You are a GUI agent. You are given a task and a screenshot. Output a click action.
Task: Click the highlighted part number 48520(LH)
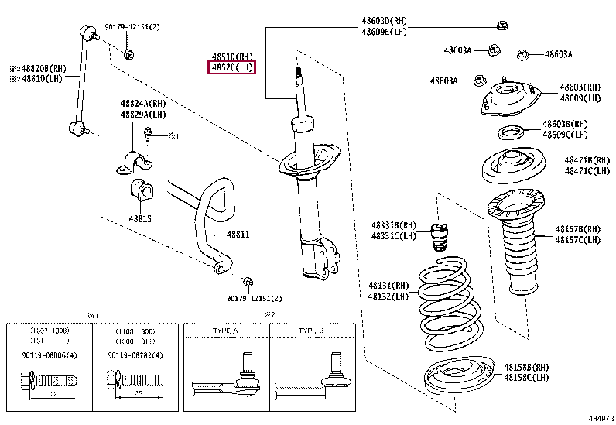click(x=232, y=68)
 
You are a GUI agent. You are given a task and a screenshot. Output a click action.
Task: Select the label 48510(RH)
click(x=232, y=57)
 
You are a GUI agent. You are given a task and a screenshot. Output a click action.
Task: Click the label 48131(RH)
click(x=388, y=284)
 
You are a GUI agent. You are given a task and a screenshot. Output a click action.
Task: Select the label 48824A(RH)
click(x=142, y=104)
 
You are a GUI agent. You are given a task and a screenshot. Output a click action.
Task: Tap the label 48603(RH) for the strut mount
click(x=580, y=87)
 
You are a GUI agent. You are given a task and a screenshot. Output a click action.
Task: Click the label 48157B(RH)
click(x=577, y=229)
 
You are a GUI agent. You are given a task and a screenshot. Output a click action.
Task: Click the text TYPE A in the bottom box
click(x=224, y=331)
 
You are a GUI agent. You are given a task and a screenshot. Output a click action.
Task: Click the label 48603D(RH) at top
click(x=387, y=20)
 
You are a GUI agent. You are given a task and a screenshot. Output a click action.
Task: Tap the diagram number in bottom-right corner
click(x=600, y=418)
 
